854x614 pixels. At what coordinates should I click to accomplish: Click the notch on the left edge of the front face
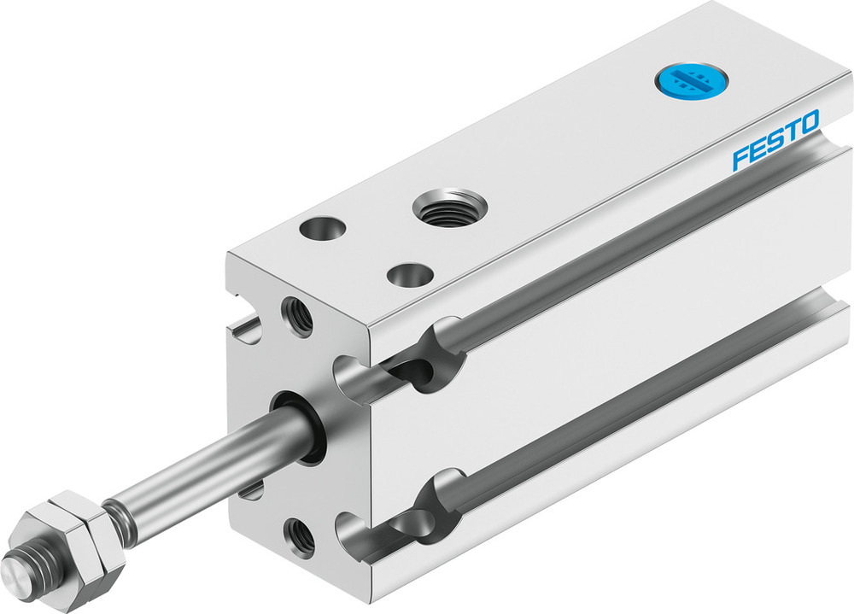pyautogui.click(x=244, y=329)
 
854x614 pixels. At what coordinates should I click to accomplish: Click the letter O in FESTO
pyautogui.click(x=808, y=122)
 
